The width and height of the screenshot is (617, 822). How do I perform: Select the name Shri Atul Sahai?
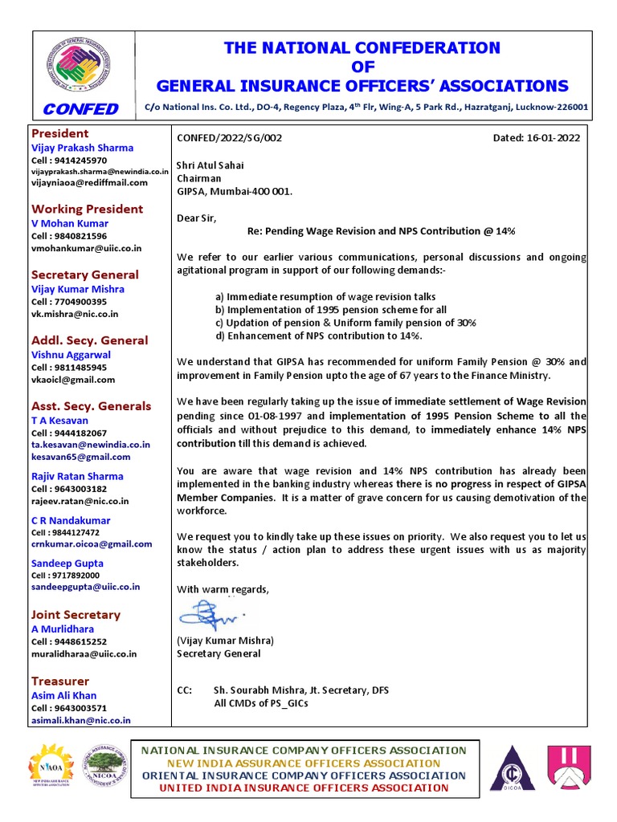point(210,165)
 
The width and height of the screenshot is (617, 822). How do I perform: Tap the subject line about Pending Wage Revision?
point(380,230)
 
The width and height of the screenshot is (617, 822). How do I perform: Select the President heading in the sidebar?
point(59,133)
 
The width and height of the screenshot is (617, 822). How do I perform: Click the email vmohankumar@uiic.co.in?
point(86,249)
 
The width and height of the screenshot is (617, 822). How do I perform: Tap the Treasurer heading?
point(60,681)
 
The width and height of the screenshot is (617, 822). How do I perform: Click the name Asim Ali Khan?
point(63,695)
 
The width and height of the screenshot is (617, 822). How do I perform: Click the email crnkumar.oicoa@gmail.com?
point(91,543)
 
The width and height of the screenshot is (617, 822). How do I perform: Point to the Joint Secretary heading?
point(76,615)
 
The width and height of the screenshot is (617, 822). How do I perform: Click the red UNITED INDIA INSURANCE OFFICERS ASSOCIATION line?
point(304,787)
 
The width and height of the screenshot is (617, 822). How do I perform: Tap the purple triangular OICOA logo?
point(511,768)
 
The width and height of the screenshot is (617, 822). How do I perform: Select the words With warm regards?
point(223,589)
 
